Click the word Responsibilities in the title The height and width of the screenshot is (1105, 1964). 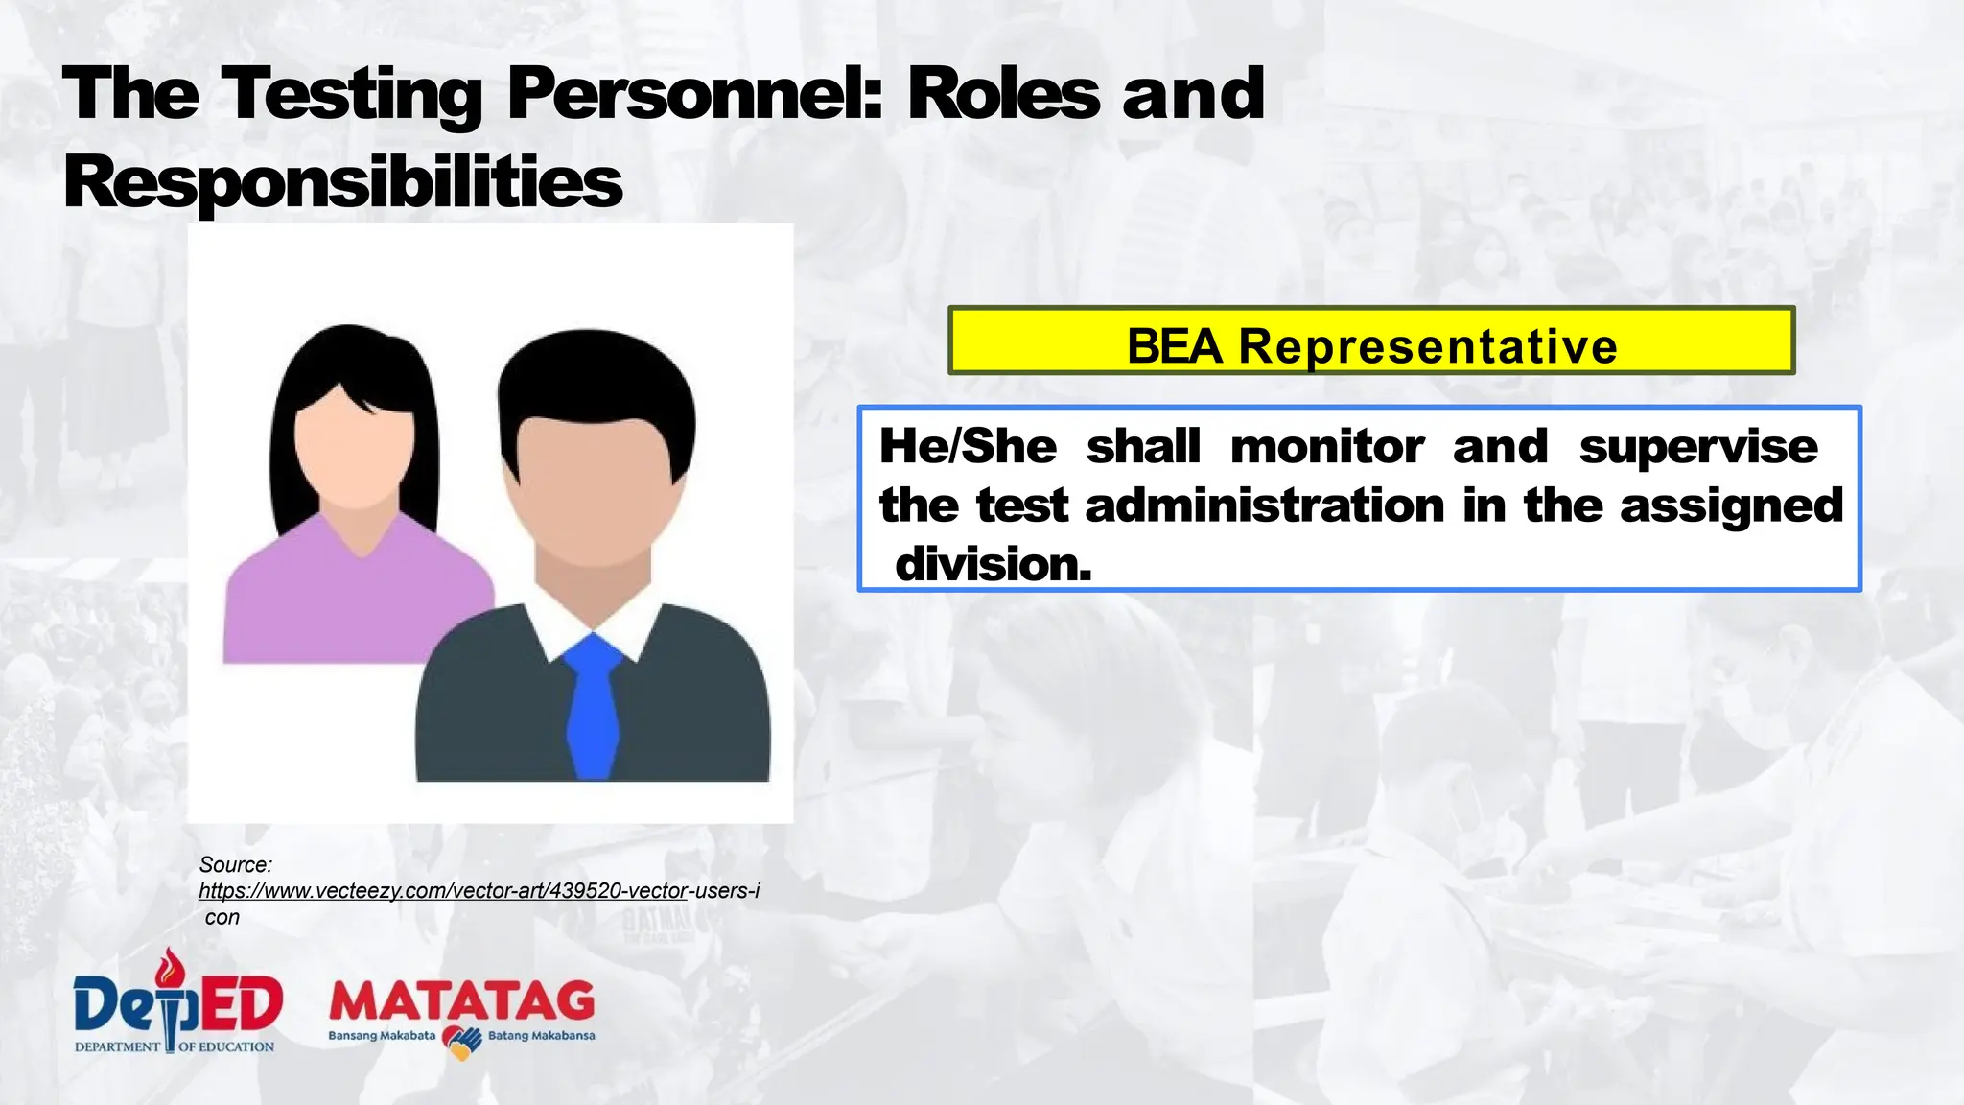pos(342,182)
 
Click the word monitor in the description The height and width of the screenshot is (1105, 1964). pos(1327,447)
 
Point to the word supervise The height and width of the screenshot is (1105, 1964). pos(1697,447)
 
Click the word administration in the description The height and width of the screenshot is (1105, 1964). pos(1264,505)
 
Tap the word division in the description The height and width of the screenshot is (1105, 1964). pos(993,564)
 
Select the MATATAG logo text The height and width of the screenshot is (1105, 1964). pos(461,1002)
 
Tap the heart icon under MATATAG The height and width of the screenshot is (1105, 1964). pos(462,1042)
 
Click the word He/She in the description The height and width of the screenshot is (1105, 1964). pos(968,447)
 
